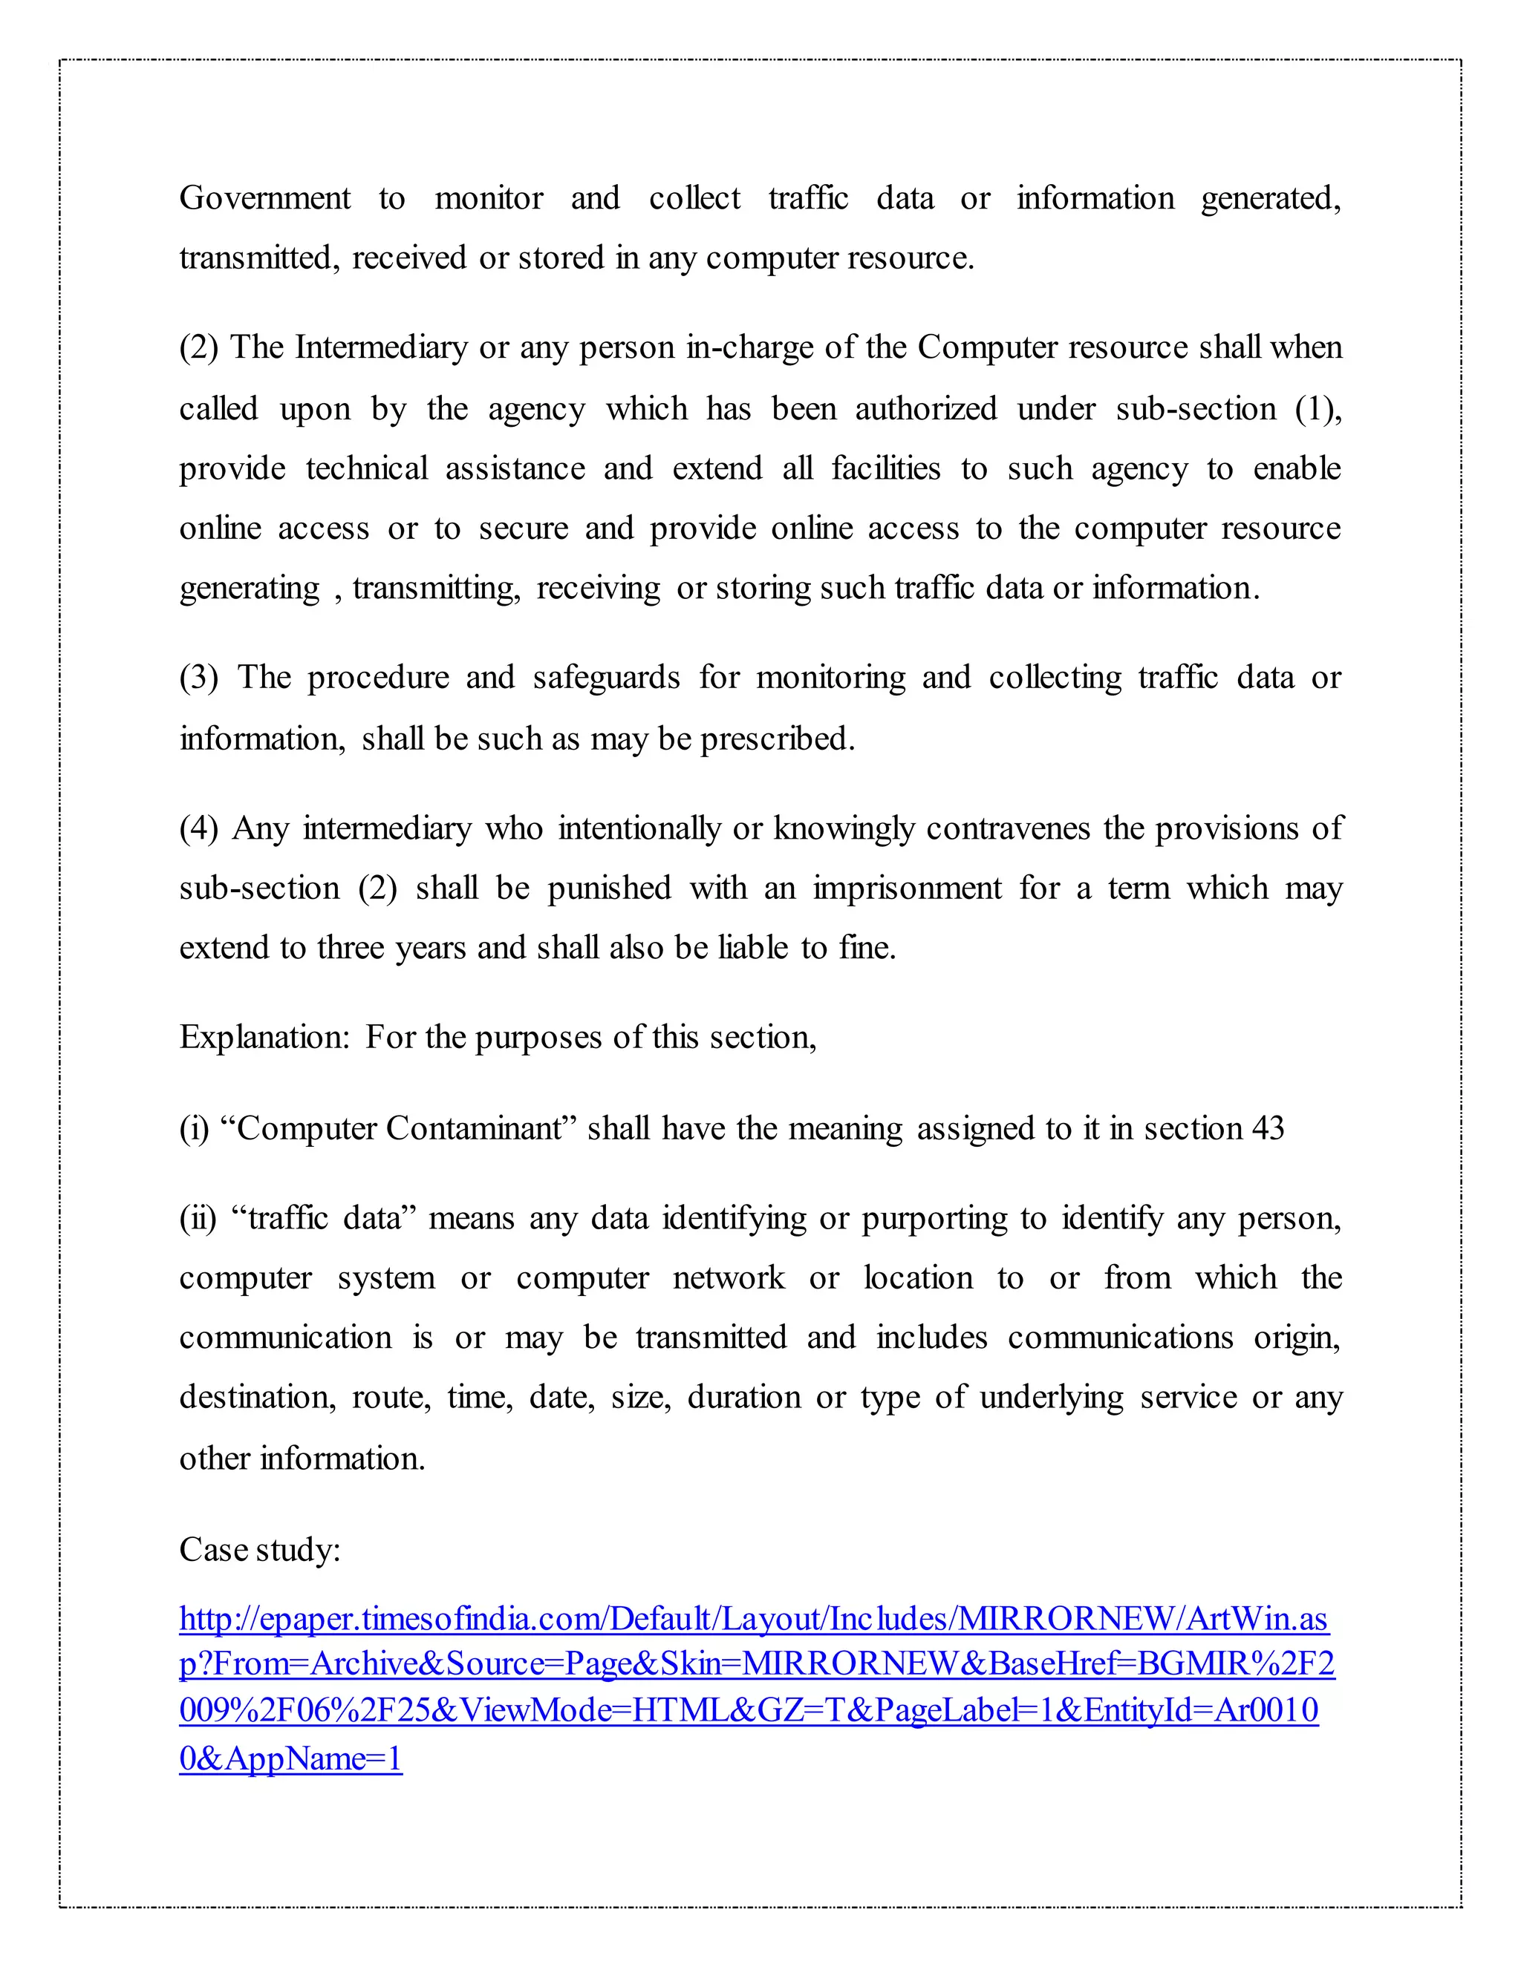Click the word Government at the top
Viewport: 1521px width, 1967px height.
point(265,198)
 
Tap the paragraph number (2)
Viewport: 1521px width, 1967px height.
point(198,347)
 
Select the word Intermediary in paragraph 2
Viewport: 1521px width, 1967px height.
point(381,347)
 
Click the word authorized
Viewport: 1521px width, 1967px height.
point(925,409)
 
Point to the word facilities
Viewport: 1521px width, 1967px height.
point(885,468)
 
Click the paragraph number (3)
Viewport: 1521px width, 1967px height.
point(198,677)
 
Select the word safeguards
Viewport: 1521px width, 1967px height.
point(605,677)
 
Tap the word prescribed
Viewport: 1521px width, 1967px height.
point(777,739)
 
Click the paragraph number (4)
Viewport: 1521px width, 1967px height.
point(198,828)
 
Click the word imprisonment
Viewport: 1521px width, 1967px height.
point(907,888)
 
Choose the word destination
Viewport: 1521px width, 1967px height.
point(258,1397)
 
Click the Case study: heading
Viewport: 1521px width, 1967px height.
point(259,1549)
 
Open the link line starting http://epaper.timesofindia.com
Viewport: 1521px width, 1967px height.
point(753,1618)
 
